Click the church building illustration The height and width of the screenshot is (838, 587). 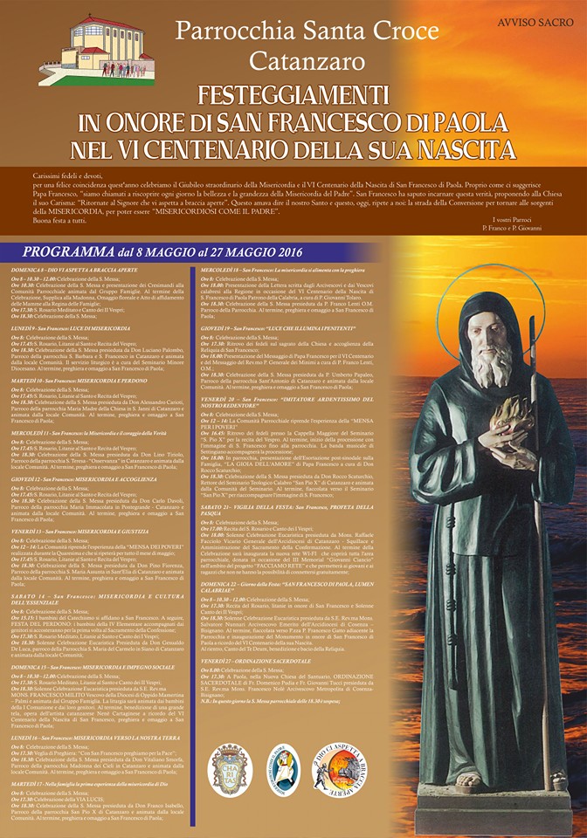[x=96, y=51]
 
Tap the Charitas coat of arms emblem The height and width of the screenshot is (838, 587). [x=230, y=769]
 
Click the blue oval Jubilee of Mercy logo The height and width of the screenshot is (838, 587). [x=282, y=769]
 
